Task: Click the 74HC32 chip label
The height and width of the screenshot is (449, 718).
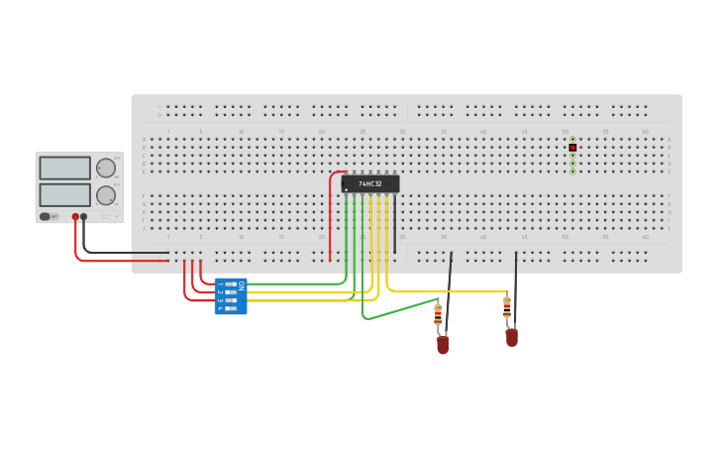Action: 370,183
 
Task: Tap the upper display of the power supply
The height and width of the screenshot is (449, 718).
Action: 64,168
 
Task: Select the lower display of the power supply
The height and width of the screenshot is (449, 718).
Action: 64,194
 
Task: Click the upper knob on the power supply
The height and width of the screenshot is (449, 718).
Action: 106,168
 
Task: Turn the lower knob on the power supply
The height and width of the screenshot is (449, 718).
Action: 106,194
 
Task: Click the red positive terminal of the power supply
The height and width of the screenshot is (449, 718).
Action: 75,216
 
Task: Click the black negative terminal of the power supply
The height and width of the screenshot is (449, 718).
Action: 84,216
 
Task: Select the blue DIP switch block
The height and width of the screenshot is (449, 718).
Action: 231,296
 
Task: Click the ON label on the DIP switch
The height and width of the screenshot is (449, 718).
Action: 241,285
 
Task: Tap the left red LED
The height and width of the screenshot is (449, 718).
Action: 443,344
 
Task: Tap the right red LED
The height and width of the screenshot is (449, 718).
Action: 511,337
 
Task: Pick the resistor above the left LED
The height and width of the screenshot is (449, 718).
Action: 438,315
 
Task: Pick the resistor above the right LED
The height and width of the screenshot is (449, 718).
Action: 507,308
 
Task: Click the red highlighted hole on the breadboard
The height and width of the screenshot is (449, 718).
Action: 572,148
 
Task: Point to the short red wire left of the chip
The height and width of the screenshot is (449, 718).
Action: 331,213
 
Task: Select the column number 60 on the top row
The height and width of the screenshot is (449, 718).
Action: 645,131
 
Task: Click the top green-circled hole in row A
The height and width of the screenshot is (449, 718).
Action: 572,140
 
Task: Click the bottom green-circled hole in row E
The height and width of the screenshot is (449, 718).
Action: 572,171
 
